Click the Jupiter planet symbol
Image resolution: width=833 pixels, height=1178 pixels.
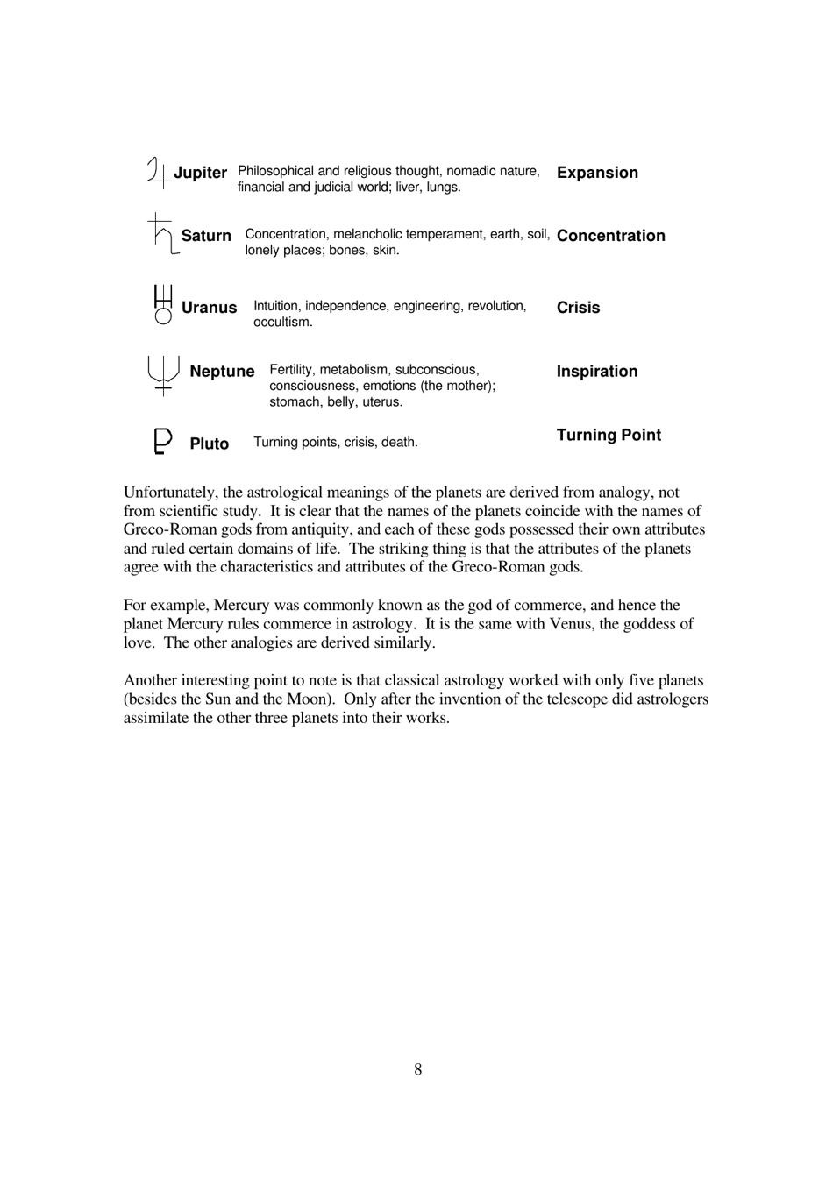pyautogui.click(x=159, y=173)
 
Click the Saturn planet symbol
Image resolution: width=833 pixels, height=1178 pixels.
pyautogui.click(x=161, y=234)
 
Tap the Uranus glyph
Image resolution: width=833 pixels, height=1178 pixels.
pyautogui.click(x=163, y=305)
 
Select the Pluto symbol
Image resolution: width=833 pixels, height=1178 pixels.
pyautogui.click(x=162, y=441)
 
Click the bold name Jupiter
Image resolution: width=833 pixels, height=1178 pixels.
pyautogui.click(x=200, y=173)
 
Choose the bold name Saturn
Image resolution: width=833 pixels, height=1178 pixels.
pyautogui.click(x=206, y=236)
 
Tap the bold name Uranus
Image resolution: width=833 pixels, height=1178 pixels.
pyautogui.click(x=209, y=308)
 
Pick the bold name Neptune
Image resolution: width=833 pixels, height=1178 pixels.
pyautogui.click(x=222, y=372)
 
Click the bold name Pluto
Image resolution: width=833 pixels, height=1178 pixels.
pyautogui.click(x=209, y=444)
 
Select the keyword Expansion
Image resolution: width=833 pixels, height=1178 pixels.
pyautogui.click(x=597, y=173)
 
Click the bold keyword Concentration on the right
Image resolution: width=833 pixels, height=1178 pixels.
pyautogui.click(x=610, y=236)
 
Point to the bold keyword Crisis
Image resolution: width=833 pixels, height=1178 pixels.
pyautogui.click(x=578, y=308)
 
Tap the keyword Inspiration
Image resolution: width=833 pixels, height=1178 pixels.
pyautogui.click(x=597, y=372)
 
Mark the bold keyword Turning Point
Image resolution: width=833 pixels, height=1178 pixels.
pyautogui.click(x=609, y=436)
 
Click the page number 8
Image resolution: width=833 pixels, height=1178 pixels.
pyautogui.click(x=417, y=1069)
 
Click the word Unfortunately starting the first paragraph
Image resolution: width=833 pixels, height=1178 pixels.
pyautogui.click(x=170, y=493)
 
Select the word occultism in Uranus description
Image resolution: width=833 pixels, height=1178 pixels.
pyautogui.click(x=282, y=323)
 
